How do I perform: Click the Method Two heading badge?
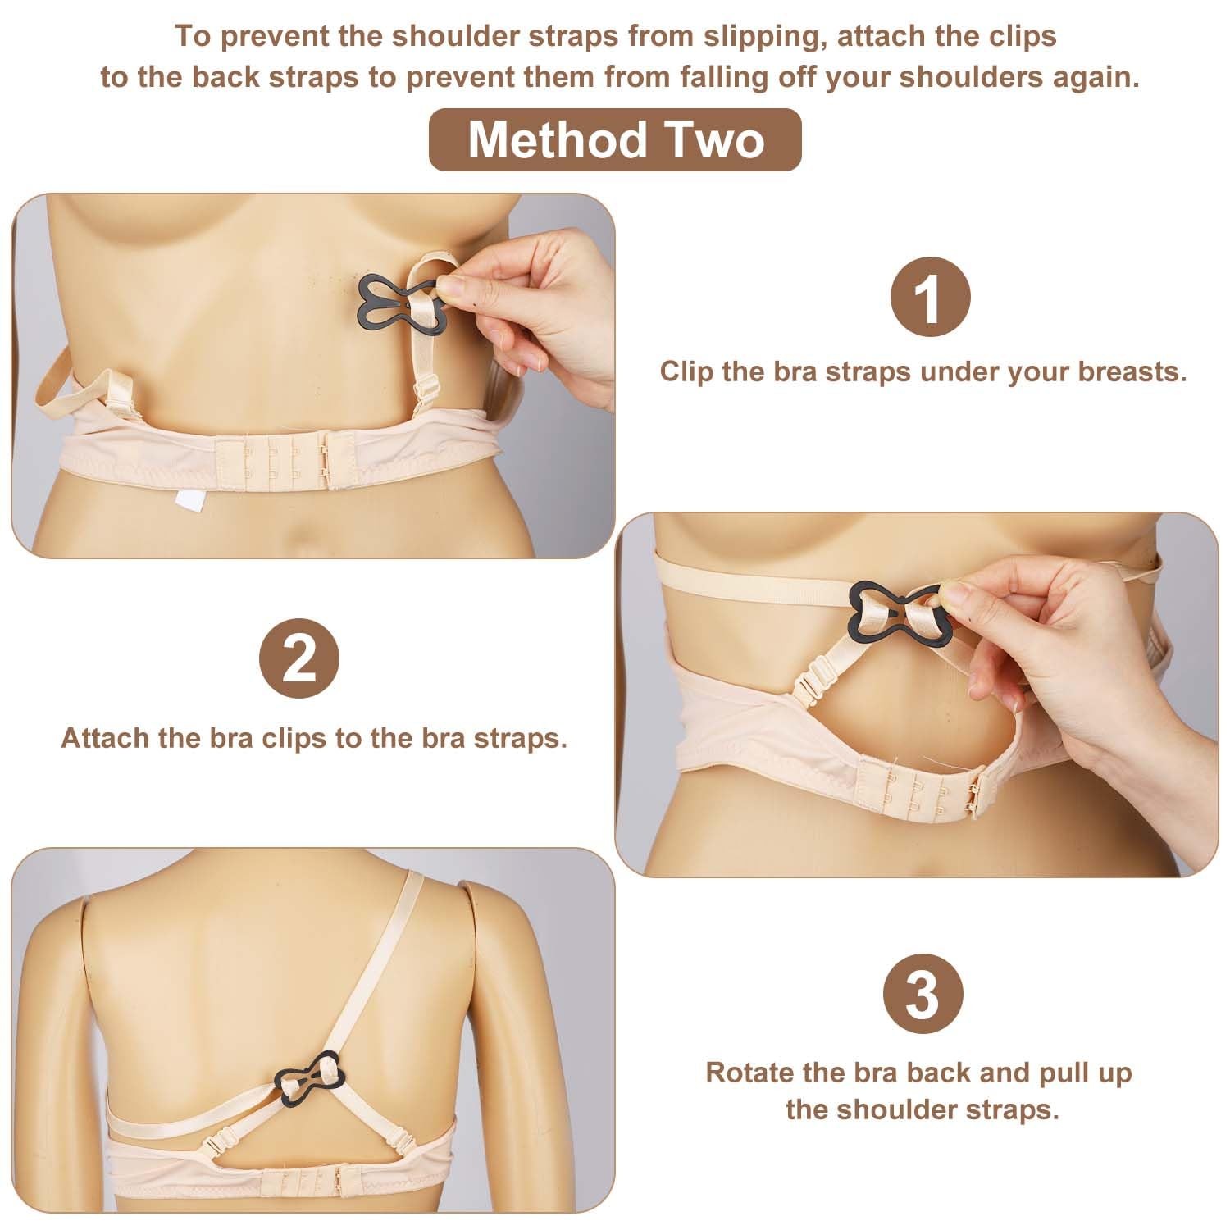[615, 139]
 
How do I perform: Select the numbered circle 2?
[299, 659]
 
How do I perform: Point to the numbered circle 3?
[922, 995]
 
